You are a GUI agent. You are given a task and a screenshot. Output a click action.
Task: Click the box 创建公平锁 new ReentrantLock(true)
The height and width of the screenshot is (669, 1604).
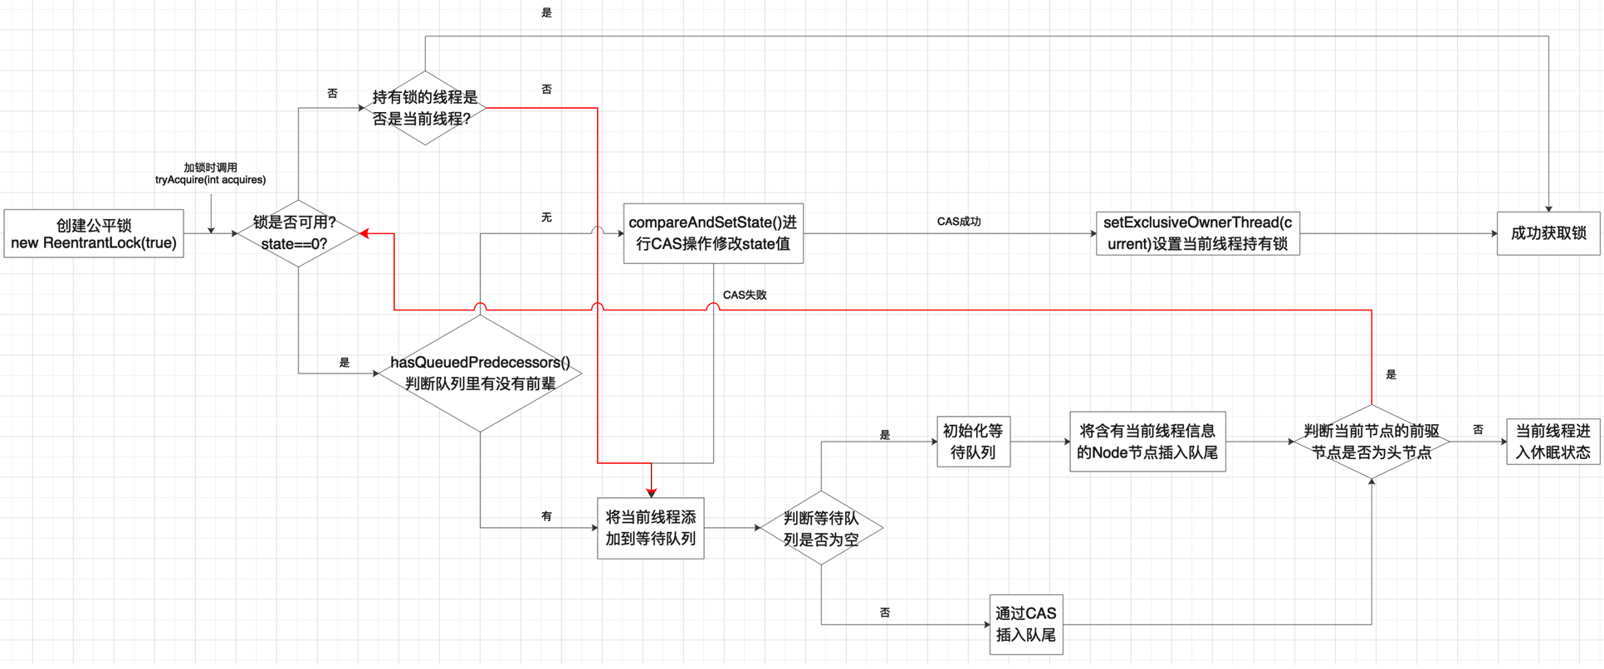tap(94, 234)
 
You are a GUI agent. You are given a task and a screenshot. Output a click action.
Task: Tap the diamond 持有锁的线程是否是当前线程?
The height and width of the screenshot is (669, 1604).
tap(425, 108)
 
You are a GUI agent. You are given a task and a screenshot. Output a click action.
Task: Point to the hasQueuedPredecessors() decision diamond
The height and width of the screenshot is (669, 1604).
tap(480, 373)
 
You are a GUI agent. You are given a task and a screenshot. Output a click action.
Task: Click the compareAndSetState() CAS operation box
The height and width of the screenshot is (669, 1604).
tap(713, 233)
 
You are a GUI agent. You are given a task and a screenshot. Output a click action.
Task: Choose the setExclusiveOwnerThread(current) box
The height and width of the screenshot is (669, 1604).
tap(1197, 233)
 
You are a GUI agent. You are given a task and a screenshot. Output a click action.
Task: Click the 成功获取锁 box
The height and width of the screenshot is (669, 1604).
tap(1548, 233)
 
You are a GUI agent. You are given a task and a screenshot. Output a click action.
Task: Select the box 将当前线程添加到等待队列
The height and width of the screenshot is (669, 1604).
tap(651, 528)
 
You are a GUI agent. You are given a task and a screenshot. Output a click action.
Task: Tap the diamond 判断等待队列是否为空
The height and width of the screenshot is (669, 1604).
tap(821, 528)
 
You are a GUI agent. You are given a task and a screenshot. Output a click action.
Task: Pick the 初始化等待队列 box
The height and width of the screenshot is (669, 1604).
tap(973, 442)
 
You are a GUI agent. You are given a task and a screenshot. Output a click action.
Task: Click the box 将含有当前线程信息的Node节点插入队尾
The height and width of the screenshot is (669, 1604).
tap(1147, 442)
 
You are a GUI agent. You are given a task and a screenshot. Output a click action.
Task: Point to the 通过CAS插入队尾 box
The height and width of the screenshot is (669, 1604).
tap(1026, 624)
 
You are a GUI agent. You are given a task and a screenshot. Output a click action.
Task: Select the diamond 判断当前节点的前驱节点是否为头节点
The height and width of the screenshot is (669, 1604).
tap(1372, 442)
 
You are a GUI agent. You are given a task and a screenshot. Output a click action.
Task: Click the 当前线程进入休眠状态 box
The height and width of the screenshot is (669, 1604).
tap(1553, 442)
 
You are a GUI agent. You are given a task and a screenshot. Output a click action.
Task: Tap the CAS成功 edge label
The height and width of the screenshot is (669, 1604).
tap(959, 222)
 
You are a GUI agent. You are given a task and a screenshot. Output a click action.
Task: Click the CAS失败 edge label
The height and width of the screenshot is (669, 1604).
tap(745, 295)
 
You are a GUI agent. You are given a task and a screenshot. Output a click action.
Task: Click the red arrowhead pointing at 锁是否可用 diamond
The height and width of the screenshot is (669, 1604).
tap(364, 234)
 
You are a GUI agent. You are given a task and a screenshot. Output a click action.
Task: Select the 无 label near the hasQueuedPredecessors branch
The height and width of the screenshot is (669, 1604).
tap(546, 217)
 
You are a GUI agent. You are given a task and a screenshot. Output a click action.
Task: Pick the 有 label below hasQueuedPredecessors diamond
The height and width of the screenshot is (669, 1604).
tap(546, 516)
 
